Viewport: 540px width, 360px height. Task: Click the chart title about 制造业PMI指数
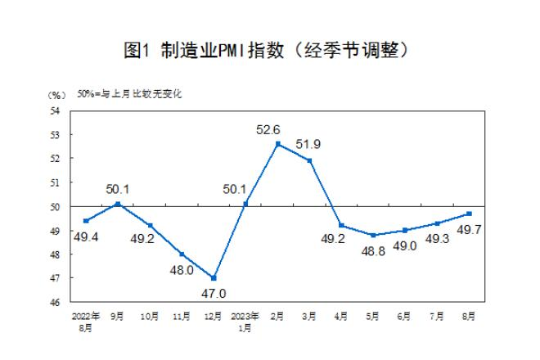(270, 50)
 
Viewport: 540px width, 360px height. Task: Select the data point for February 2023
(278, 144)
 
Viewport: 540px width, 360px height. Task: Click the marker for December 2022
(214, 277)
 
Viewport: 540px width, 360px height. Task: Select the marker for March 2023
(310, 160)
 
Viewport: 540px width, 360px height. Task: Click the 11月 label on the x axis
(182, 314)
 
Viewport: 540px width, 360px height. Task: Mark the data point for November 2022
(182, 254)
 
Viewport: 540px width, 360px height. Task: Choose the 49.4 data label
(86, 236)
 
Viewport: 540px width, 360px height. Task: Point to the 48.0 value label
(181, 269)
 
